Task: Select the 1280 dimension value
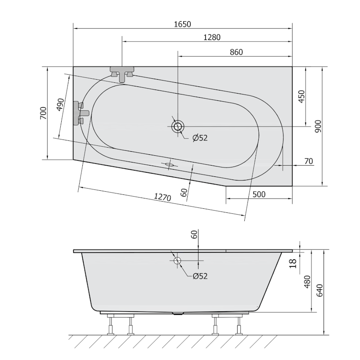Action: click(x=212, y=37)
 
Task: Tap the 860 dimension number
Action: click(x=236, y=52)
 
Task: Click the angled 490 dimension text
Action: click(x=59, y=104)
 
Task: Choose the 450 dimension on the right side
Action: click(x=301, y=97)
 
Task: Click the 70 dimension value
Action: click(x=308, y=162)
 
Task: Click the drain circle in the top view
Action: click(x=178, y=126)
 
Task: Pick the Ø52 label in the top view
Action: click(x=200, y=138)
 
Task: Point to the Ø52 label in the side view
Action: click(x=200, y=276)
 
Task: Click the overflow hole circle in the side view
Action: click(x=177, y=261)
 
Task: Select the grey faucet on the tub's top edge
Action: click(x=122, y=73)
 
